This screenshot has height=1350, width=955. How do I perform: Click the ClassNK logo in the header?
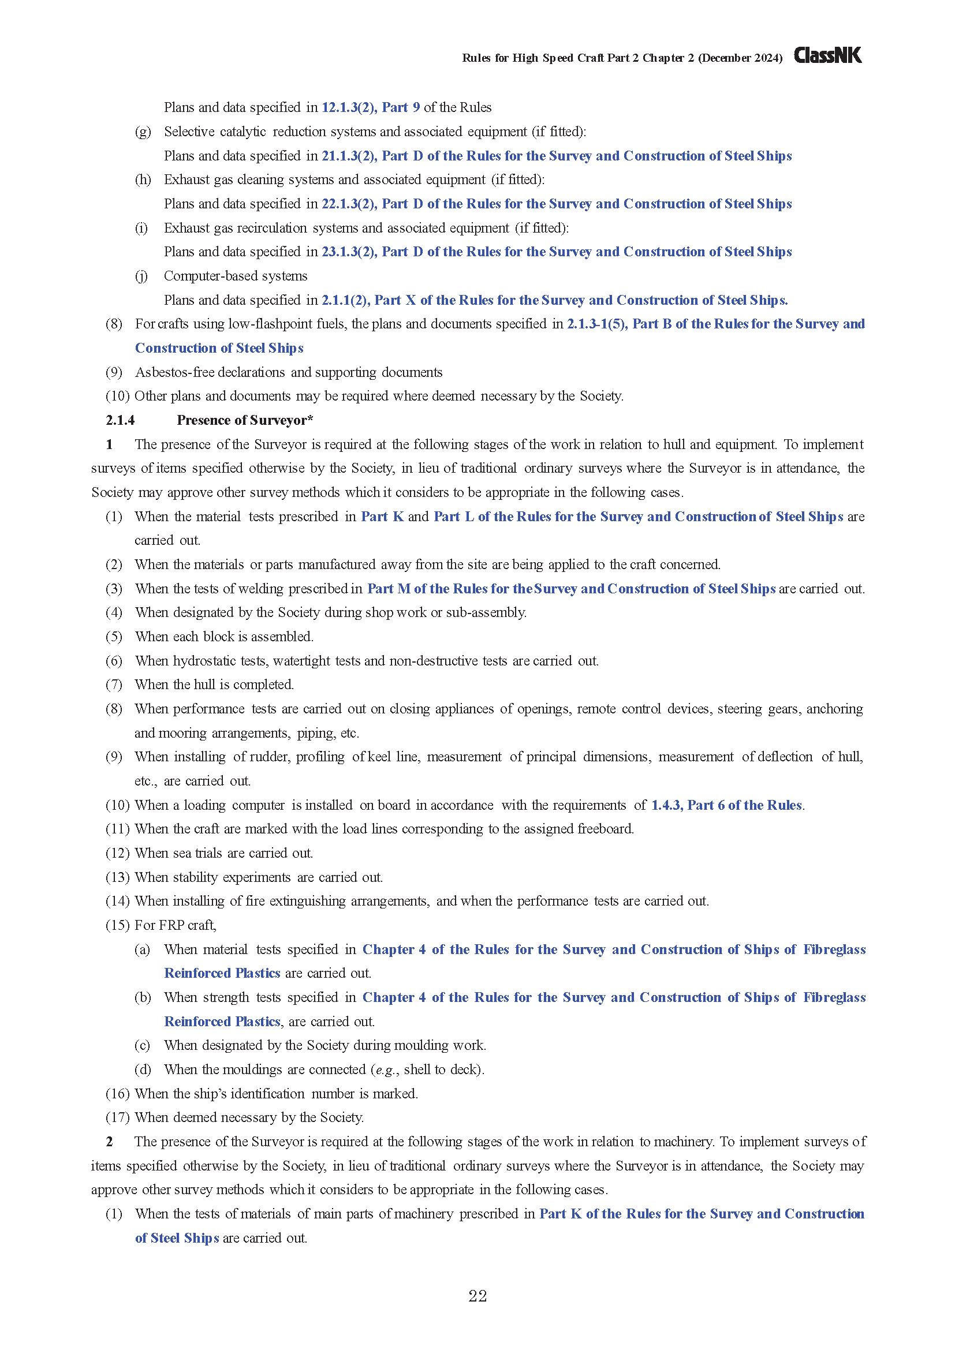pyautogui.click(x=827, y=55)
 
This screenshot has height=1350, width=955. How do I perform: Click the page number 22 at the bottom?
pyautogui.click(x=477, y=1296)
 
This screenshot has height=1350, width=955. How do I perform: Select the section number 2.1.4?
pyautogui.click(x=120, y=420)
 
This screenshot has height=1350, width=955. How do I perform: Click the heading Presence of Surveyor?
pyautogui.click(x=244, y=420)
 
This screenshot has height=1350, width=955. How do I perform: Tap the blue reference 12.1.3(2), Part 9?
pyautogui.click(x=371, y=107)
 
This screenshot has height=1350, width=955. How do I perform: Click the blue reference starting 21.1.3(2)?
pyautogui.click(x=556, y=156)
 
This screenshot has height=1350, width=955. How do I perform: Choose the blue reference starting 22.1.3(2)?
pyautogui.click(x=556, y=204)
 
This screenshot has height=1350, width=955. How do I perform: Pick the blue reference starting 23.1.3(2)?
pyautogui.click(x=556, y=252)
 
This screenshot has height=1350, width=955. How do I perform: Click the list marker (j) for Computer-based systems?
pyautogui.click(x=141, y=276)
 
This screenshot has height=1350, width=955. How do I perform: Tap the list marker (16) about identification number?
pyautogui.click(x=117, y=1094)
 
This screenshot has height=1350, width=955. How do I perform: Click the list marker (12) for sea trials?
pyautogui.click(x=117, y=853)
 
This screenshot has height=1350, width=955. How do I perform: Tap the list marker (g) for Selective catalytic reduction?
pyautogui.click(x=143, y=132)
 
